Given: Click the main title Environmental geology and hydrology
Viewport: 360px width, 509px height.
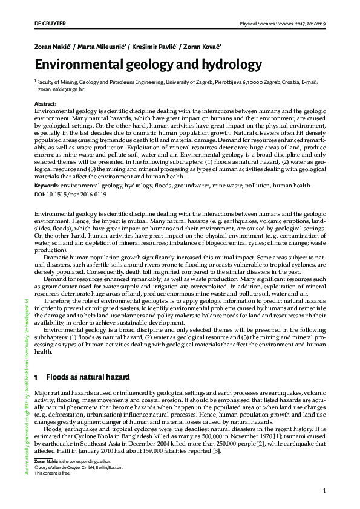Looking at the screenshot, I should coord(148,65).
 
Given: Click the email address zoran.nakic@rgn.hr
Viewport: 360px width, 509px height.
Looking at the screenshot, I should coord(61,89).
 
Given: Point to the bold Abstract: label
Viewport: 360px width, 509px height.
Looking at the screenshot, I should coord(46,104).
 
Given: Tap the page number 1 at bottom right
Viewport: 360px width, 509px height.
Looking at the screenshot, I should coord(324,490).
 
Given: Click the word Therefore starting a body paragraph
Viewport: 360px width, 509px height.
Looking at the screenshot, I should coord(59,300).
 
